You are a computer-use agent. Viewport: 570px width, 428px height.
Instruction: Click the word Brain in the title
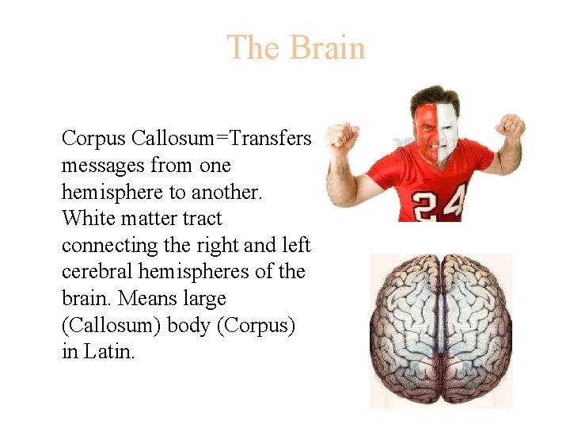click(329, 48)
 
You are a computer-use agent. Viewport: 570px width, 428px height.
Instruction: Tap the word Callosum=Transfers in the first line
click(222, 138)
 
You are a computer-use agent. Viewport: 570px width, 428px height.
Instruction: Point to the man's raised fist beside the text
click(342, 136)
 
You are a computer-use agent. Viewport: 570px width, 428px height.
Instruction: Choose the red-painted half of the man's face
click(424, 127)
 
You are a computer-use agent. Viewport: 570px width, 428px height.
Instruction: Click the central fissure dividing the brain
click(441, 325)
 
